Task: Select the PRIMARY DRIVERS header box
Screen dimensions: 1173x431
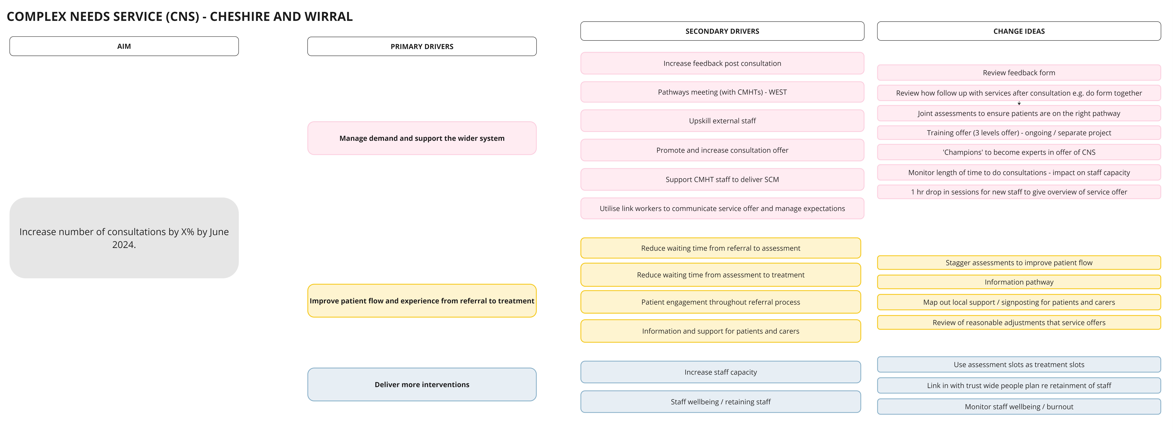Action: click(x=422, y=46)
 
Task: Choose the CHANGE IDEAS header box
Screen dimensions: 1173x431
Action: click(x=1019, y=31)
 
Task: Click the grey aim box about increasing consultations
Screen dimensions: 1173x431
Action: click(x=124, y=238)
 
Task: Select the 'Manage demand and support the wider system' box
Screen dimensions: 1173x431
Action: click(x=422, y=138)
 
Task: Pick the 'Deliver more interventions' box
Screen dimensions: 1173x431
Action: click(x=422, y=385)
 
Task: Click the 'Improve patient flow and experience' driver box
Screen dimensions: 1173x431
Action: click(x=422, y=301)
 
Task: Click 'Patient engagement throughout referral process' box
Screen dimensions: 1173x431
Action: click(x=720, y=302)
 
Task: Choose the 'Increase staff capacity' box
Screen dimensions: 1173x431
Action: click(x=720, y=372)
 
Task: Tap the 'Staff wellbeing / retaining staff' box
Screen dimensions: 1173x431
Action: click(x=720, y=402)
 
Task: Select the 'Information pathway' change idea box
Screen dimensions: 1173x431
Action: click(x=1019, y=282)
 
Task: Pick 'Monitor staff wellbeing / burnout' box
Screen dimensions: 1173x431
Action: click(x=1019, y=407)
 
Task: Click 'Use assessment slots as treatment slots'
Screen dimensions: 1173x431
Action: click(x=1019, y=364)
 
